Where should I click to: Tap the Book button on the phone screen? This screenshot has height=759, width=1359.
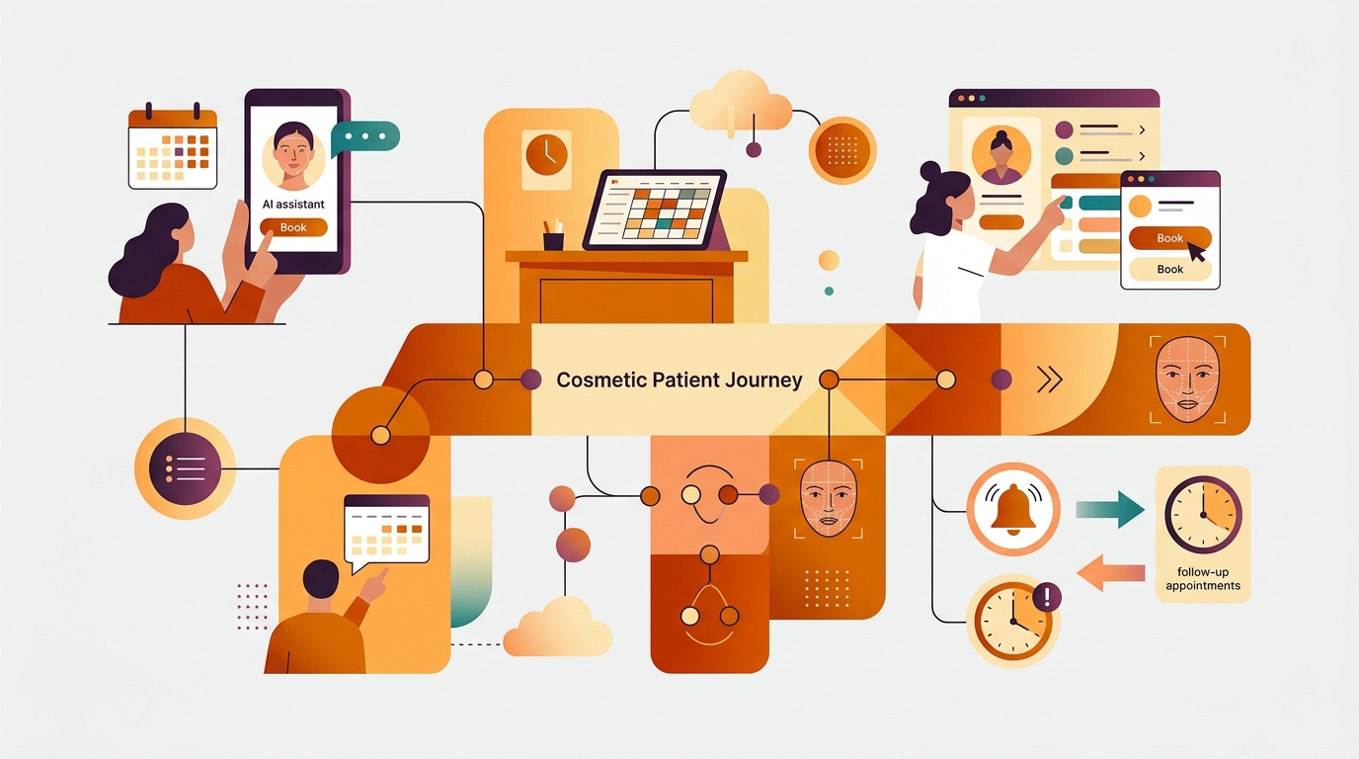point(293,227)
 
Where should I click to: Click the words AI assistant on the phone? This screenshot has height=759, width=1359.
point(293,204)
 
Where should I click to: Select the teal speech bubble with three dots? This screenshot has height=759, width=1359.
point(365,137)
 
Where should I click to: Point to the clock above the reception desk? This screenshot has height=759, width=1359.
point(546,154)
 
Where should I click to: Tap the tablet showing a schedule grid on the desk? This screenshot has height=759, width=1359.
point(655,211)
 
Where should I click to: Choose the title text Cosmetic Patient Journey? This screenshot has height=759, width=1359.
point(679,380)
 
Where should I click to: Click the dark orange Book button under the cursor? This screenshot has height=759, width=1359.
point(1169,238)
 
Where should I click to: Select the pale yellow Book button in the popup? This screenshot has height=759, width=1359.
point(1169,269)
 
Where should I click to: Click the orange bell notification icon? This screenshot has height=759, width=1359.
point(1013,509)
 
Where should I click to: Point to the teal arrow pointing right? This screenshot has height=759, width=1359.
point(1110,509)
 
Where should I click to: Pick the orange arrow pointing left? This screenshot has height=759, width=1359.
point(1110,572)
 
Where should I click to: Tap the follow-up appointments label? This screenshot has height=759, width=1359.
point(1203,579)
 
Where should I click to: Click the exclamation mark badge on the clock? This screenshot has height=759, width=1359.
point(1046,598)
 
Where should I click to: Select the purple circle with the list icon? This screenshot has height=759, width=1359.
point(185,468)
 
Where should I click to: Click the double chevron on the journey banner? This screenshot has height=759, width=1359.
point(1050,380)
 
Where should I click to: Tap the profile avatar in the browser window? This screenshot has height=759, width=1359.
point(1001,155)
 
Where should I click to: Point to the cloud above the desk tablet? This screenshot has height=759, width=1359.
point(741,103)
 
